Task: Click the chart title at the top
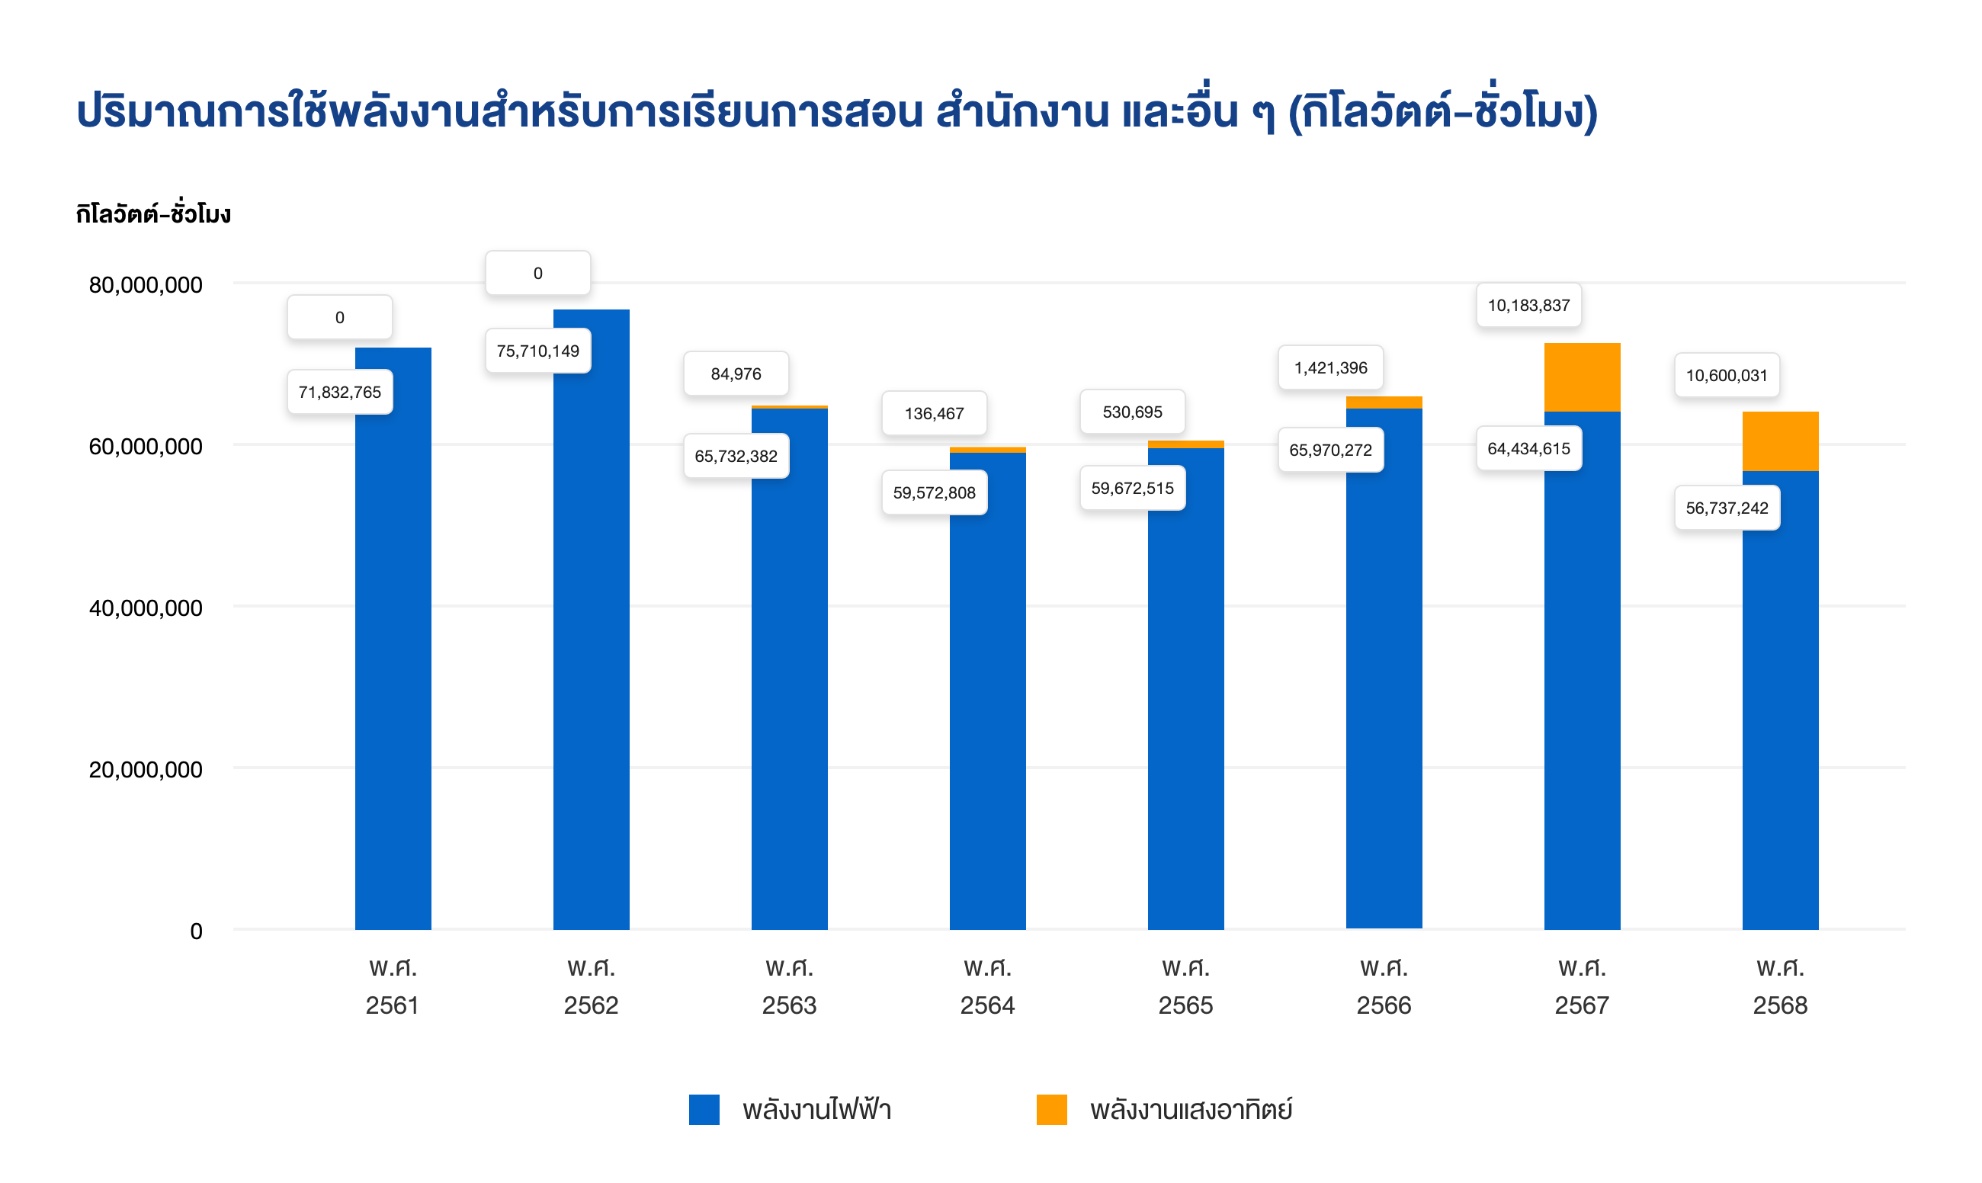837,111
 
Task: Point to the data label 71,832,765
340,393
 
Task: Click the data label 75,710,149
538,351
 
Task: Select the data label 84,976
736,373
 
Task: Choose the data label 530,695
1132,412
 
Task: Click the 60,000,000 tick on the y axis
146,447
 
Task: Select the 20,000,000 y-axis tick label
146,770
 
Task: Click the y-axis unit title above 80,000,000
153,213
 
